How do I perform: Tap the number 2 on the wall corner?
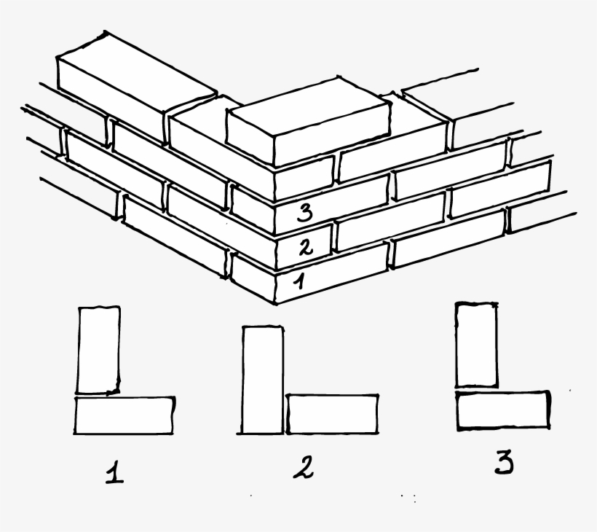click(306, 247)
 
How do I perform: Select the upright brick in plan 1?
click(98, 348)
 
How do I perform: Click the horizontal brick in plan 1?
click(124, 415)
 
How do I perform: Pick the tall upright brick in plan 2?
click(263, 380)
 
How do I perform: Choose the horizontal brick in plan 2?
click(332, 413)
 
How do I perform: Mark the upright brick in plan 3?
click(476, 344)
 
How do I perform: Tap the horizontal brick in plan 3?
click(503, 410)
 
